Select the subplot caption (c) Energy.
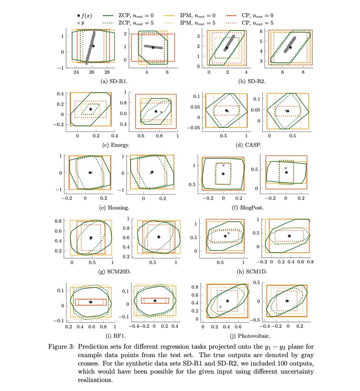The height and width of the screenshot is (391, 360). (114, 145)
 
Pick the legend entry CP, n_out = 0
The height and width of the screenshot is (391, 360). (249, 15)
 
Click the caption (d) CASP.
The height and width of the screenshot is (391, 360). (248, 145)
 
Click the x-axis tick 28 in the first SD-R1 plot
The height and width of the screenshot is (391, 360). (107, 72)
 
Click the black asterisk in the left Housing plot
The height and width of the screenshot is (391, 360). (90, 173)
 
